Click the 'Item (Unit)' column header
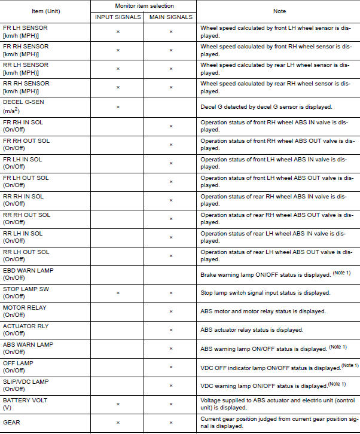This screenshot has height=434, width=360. point(46,11)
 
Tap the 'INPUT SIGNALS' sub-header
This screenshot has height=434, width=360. point(118,16)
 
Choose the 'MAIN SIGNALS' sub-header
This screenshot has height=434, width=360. point(170,16)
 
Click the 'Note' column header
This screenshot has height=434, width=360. point(279,11)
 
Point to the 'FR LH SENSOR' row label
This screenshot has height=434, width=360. point(25,27)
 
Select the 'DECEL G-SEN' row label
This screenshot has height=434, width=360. point(23,102)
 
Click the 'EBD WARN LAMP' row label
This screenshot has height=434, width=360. point(28,270)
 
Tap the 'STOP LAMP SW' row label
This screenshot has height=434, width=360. point(26,289)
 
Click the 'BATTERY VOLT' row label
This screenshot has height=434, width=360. point(26,400)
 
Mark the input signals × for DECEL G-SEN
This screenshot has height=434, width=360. point(118,107)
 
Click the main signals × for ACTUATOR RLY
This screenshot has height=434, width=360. point(170,330)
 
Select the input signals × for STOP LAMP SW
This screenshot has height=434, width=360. point(118,293)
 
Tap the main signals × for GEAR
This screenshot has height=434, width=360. point(170,423)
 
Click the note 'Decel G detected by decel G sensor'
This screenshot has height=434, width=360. point(266,107)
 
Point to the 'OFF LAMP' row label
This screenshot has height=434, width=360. point(18,363)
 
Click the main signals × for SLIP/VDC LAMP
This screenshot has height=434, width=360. point(170,386)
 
